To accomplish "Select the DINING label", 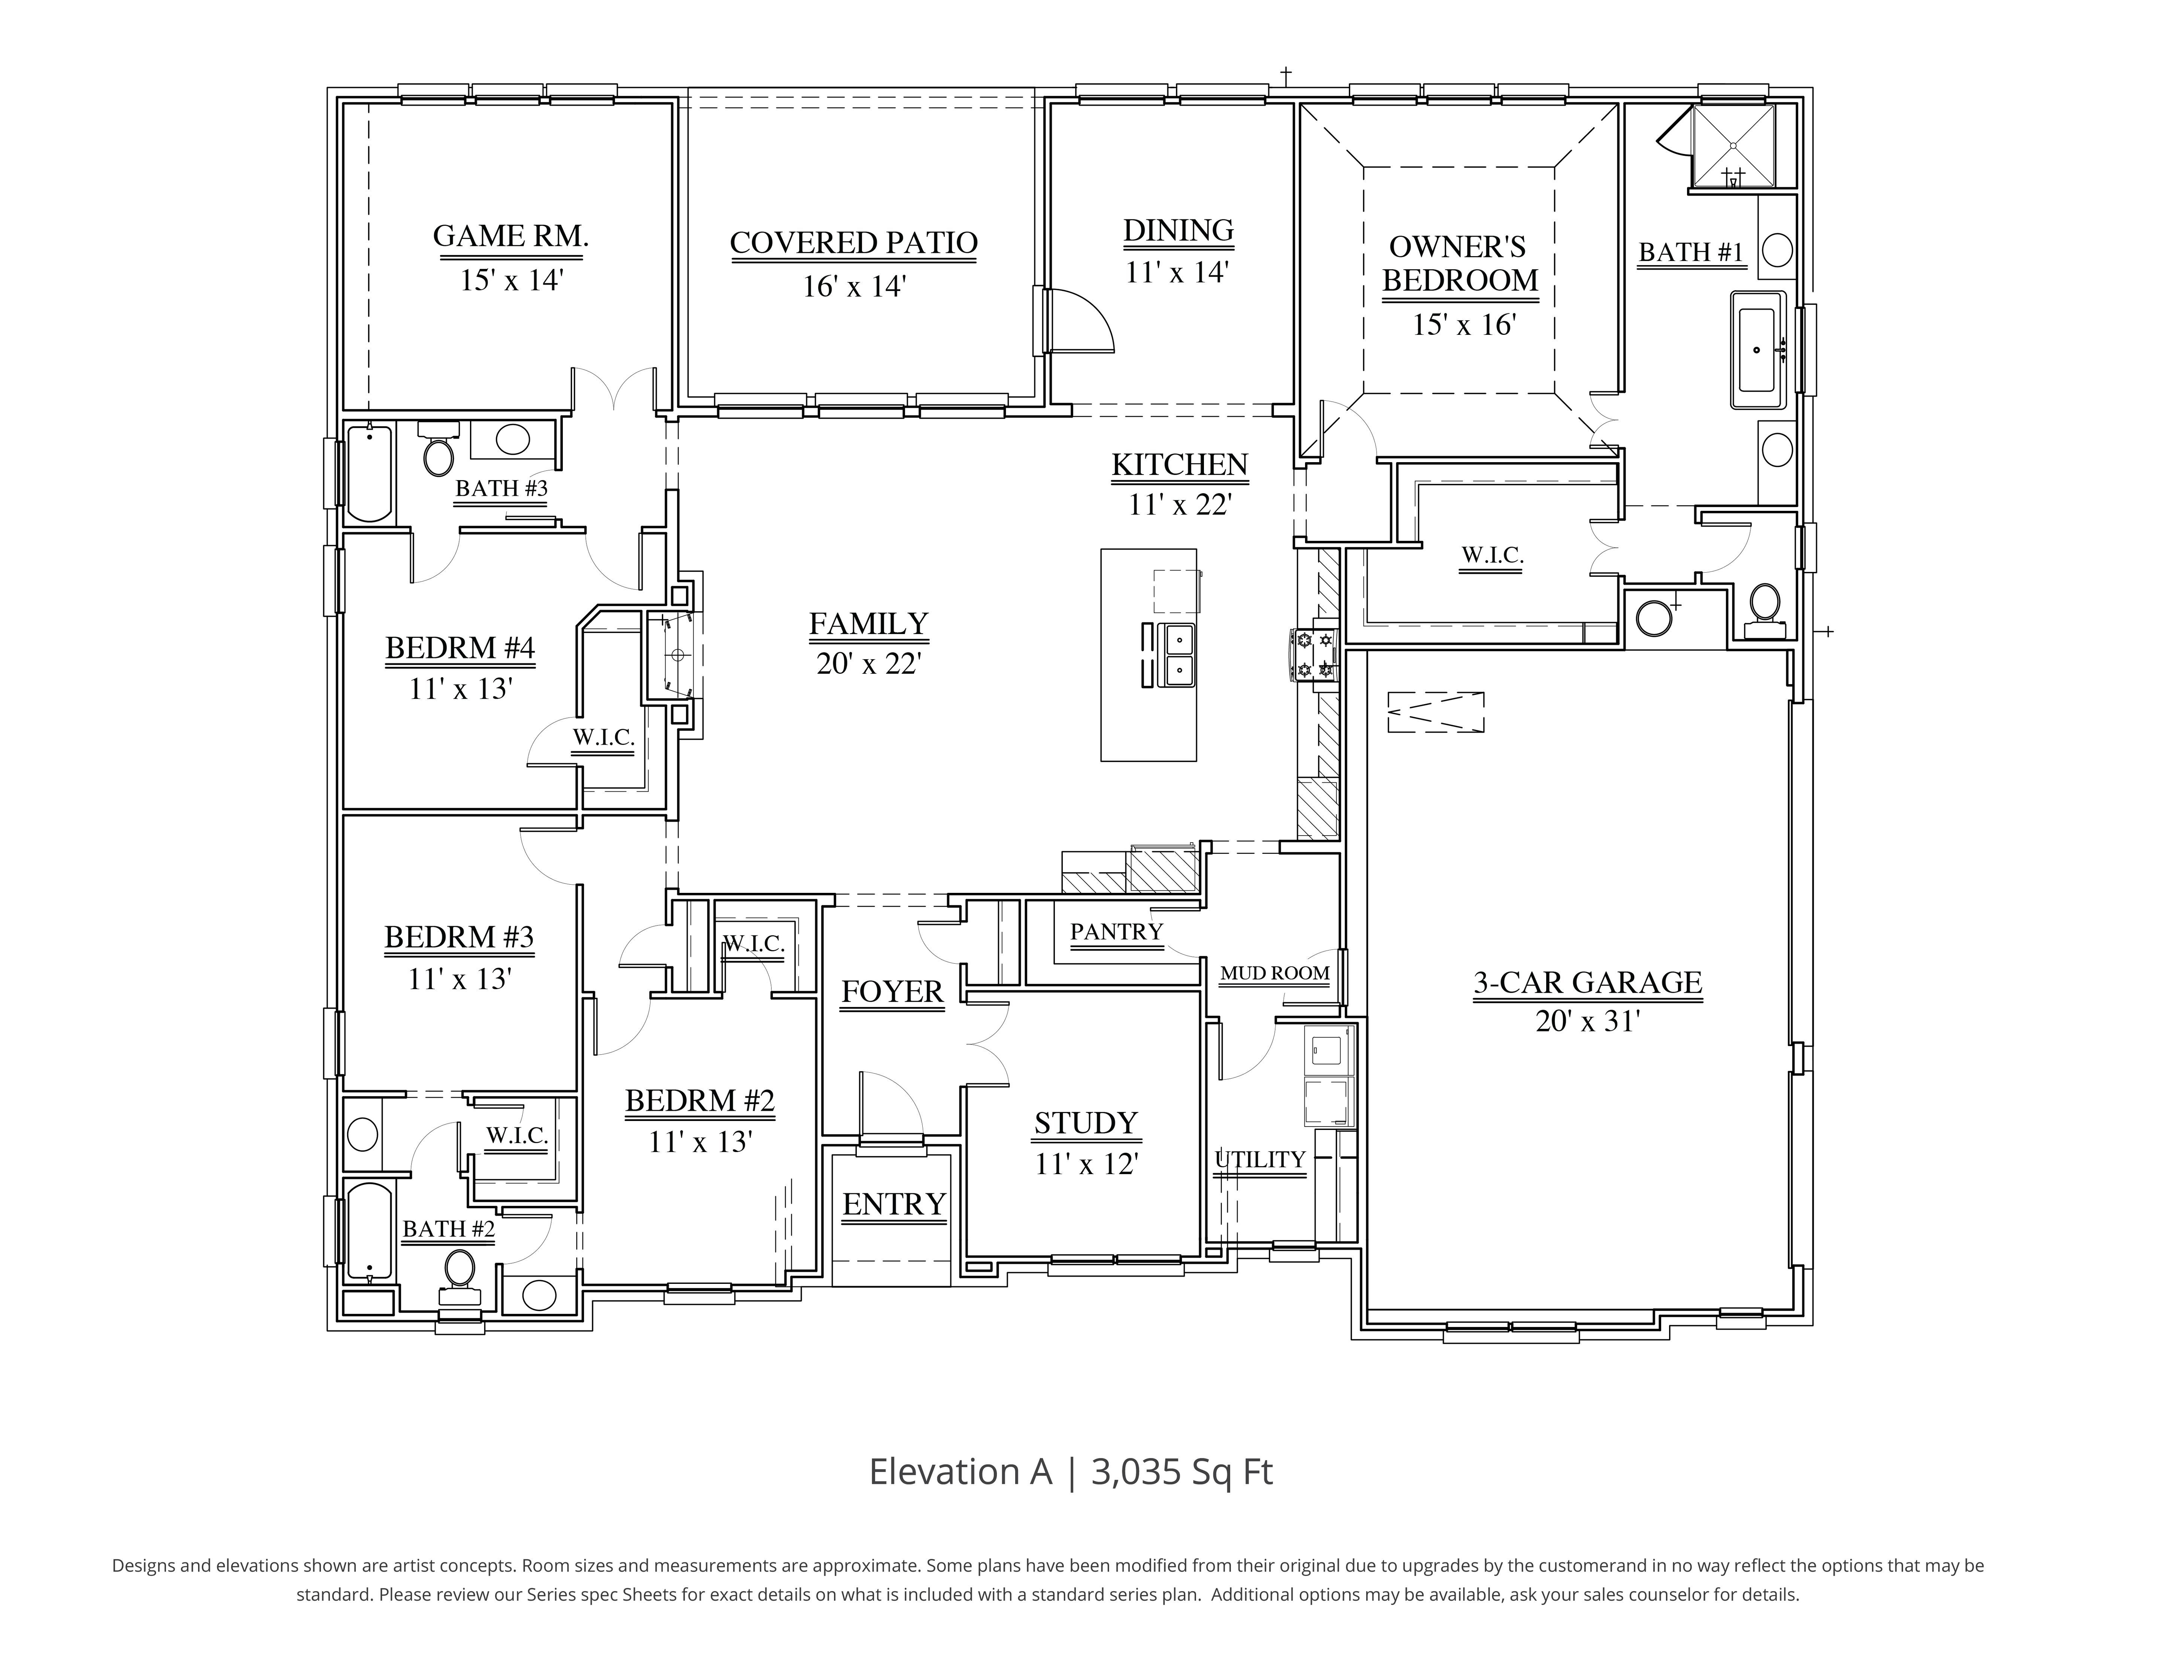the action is click(1178, 230).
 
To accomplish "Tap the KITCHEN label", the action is click(1179, 464).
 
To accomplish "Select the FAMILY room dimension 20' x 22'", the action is click(868, 664).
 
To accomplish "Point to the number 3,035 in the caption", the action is click(1137, 1471).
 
